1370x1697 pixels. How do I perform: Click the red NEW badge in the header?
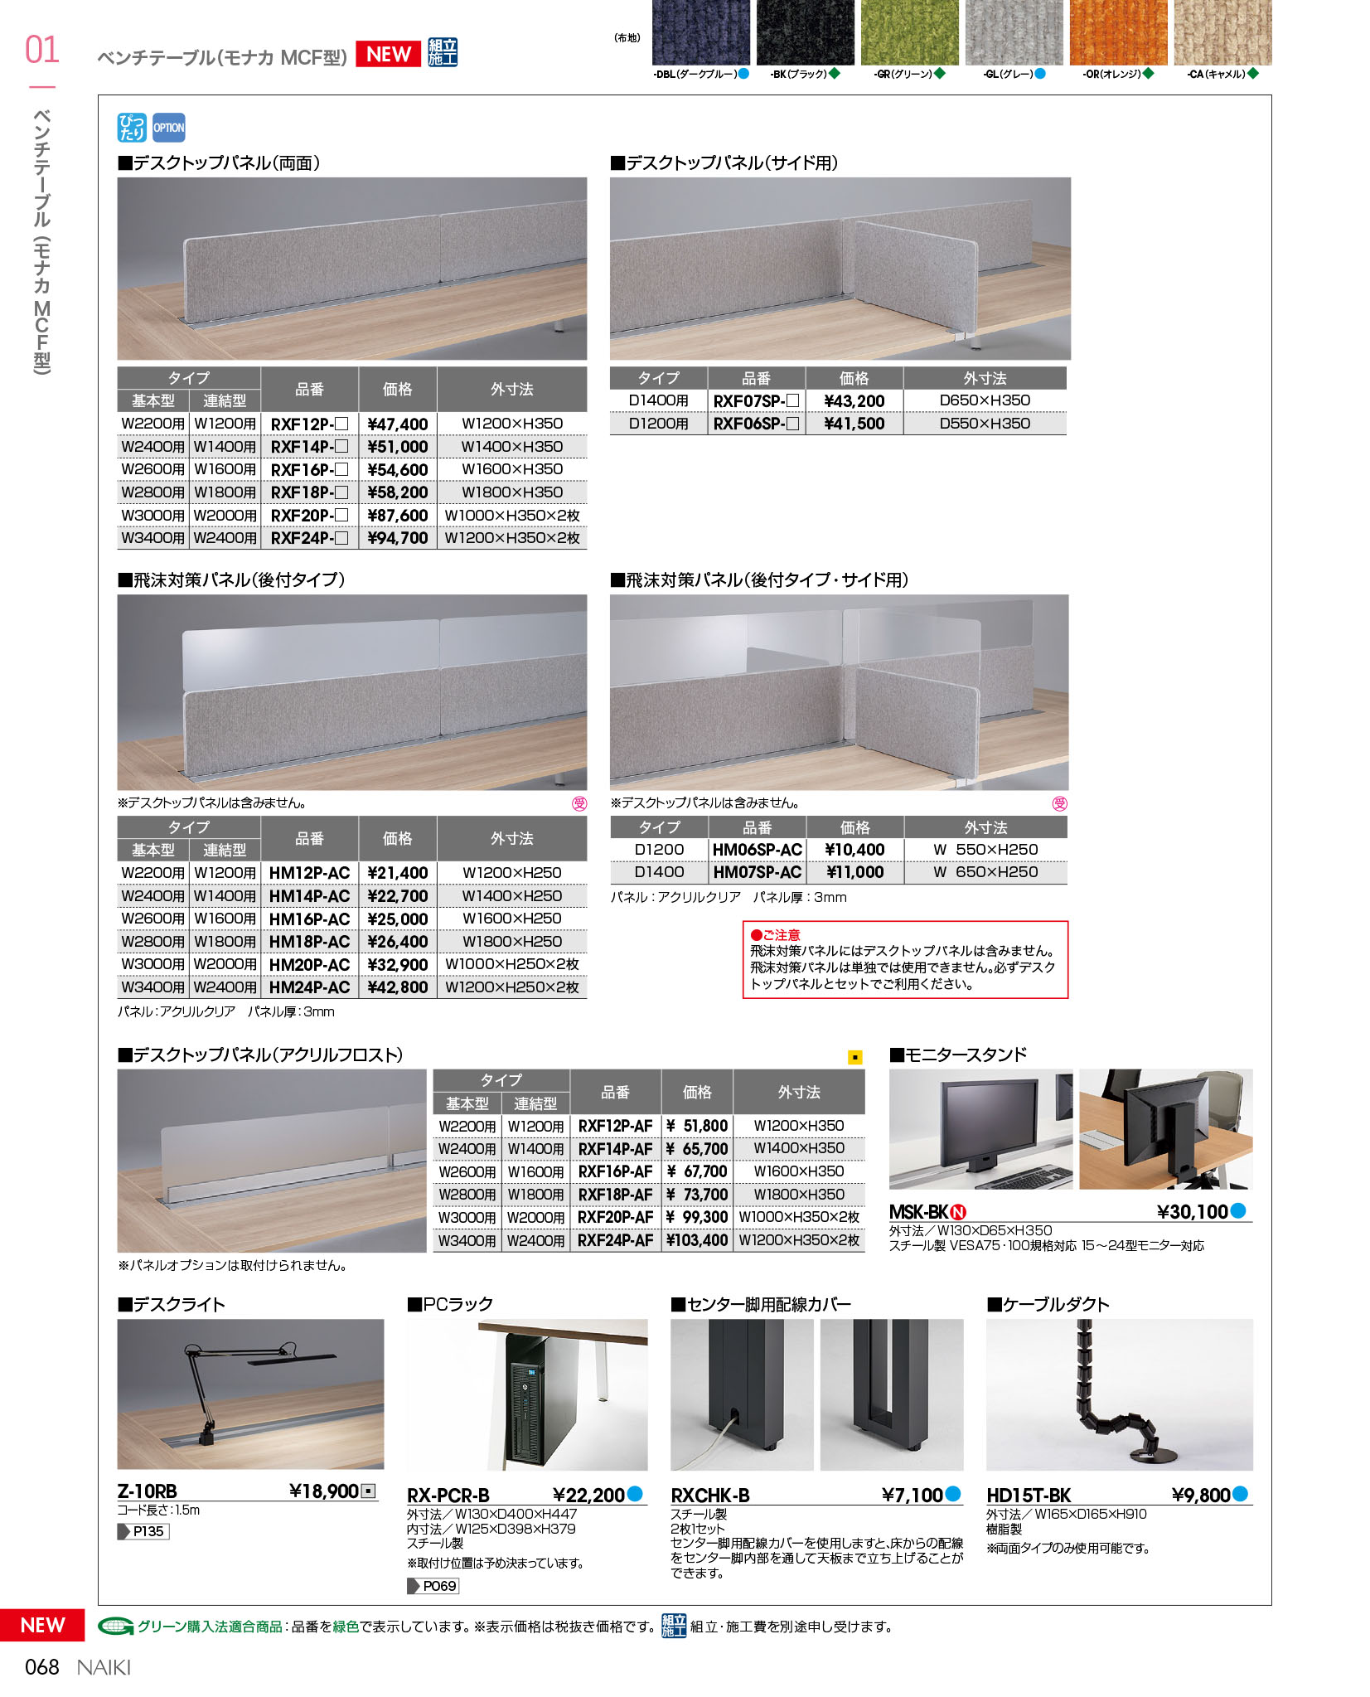(389, 54)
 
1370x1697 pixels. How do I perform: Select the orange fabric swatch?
(1117, 33)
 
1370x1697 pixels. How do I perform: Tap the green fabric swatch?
(909, 33)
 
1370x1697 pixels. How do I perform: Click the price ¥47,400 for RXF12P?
(398, 424)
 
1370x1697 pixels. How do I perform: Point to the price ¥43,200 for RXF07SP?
(854, 401)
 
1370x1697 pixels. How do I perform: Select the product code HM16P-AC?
(309, 919)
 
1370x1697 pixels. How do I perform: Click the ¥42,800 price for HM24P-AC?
(398, 987)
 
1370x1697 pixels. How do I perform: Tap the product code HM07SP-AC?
(757, 872)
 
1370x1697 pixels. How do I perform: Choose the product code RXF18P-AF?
(615, 1195)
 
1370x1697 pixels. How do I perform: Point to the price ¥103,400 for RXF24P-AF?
(697, 1240)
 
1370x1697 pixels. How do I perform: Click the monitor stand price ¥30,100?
(1192, 1212)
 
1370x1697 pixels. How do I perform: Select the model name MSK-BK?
(918, 1212)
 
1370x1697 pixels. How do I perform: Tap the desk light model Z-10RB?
(147, 1491)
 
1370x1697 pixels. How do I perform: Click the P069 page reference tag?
(434, 1586)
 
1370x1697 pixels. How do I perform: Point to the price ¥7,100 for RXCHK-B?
(912, 1495)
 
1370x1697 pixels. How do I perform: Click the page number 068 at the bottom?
(42, 1667)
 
